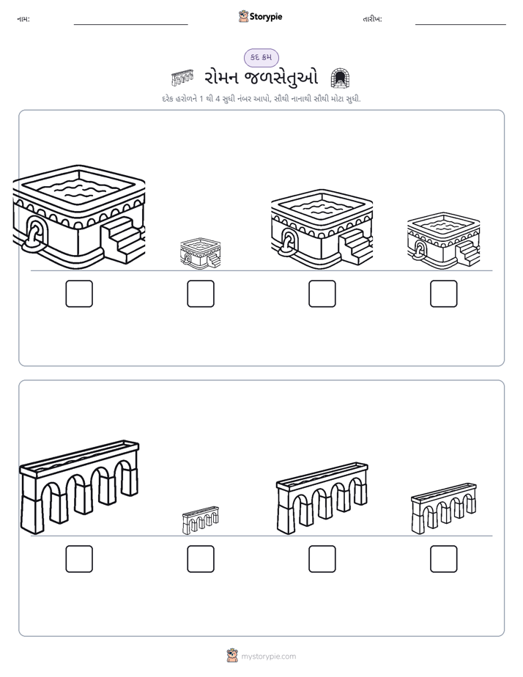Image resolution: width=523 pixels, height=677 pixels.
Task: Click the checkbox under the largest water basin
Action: pos(79,294)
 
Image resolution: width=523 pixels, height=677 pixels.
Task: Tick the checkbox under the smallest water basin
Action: pos(201,294)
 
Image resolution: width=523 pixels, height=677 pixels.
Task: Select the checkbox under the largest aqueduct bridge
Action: pos(79,559)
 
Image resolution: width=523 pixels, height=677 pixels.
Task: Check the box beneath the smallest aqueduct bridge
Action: pos(201,559)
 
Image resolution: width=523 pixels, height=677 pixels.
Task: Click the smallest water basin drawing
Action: pos(201,254)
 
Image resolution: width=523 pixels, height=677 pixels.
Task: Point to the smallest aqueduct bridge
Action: pos(201,520)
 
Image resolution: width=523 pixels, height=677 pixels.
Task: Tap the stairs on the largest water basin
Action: pos(122,240)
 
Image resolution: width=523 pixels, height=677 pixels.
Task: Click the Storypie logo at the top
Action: pos(261,17)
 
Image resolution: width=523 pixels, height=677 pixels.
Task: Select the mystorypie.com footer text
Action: pos(268,656)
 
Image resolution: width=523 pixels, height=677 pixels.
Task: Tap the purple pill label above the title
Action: pos(261,57)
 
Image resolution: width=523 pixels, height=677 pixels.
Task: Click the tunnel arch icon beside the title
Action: pos(340,78)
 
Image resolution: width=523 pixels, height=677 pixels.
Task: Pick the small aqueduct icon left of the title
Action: pos(182,78)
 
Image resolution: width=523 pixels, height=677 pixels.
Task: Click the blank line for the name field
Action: pos(130,25)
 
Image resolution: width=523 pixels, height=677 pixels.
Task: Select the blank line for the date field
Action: pos(461,25)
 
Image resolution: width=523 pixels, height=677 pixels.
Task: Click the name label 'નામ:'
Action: pos(23,19)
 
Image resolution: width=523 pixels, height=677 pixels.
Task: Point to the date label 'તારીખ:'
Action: pos(372,19)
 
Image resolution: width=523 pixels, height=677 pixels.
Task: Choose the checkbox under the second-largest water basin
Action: pos(322,294)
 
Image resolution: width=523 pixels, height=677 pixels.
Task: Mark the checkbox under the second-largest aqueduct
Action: pos(322,559)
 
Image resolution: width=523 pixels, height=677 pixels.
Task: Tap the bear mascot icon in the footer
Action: pos(232,656)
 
